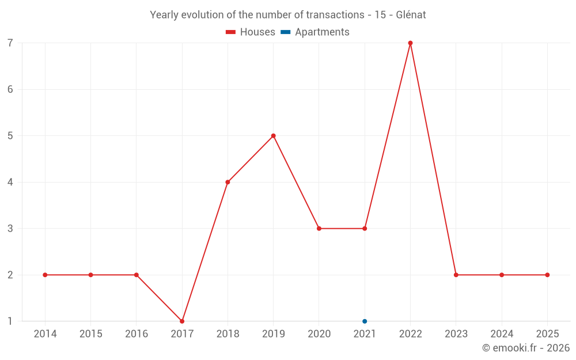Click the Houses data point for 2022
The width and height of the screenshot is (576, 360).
pos(410,43)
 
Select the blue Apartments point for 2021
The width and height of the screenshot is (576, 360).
pos(365,321)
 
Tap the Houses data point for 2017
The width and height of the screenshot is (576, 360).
pos(182,321)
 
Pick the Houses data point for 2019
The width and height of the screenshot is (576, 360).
pos(274,136)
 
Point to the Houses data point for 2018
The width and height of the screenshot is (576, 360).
pos(228,182)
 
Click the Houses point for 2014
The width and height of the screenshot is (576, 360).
pos(45,275)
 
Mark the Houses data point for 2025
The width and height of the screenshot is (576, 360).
pos(547,275)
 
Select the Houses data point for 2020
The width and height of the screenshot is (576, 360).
pos(319,229)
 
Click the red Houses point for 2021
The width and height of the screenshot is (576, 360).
pos(365,229)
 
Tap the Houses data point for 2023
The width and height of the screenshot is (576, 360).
pos(456,275)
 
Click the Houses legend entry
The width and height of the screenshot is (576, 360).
pos(251,32)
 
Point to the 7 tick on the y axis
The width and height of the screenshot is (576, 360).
pos(10,43)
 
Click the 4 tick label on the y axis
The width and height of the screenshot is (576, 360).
pos(10,182)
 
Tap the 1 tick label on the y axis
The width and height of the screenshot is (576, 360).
pos(10,321)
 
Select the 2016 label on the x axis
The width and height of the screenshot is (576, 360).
pos(137,334)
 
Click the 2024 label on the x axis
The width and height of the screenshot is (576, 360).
pos(502,334)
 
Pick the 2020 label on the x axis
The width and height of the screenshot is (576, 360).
pos(319,334)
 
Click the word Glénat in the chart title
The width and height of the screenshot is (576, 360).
pos(411,15)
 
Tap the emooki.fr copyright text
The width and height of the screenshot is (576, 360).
pos(526,348)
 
